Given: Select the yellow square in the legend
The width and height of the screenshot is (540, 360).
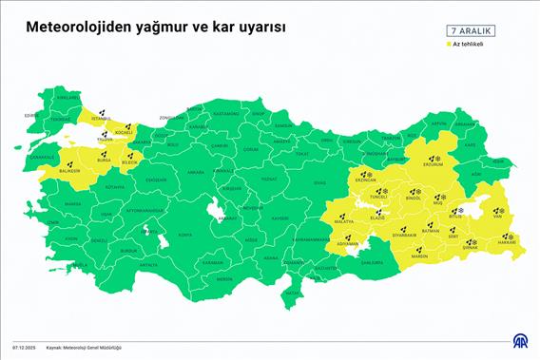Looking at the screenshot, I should tap(446, 44).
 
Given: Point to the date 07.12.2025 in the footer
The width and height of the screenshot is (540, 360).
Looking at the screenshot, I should tap(24, 347).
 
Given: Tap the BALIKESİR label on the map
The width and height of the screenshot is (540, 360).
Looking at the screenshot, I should tap(69, 171).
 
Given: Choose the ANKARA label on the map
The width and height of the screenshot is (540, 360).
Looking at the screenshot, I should tap(196, 173).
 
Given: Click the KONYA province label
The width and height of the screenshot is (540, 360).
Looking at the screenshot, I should tap(184, 234).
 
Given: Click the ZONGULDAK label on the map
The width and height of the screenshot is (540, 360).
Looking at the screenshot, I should tap(171, 117).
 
